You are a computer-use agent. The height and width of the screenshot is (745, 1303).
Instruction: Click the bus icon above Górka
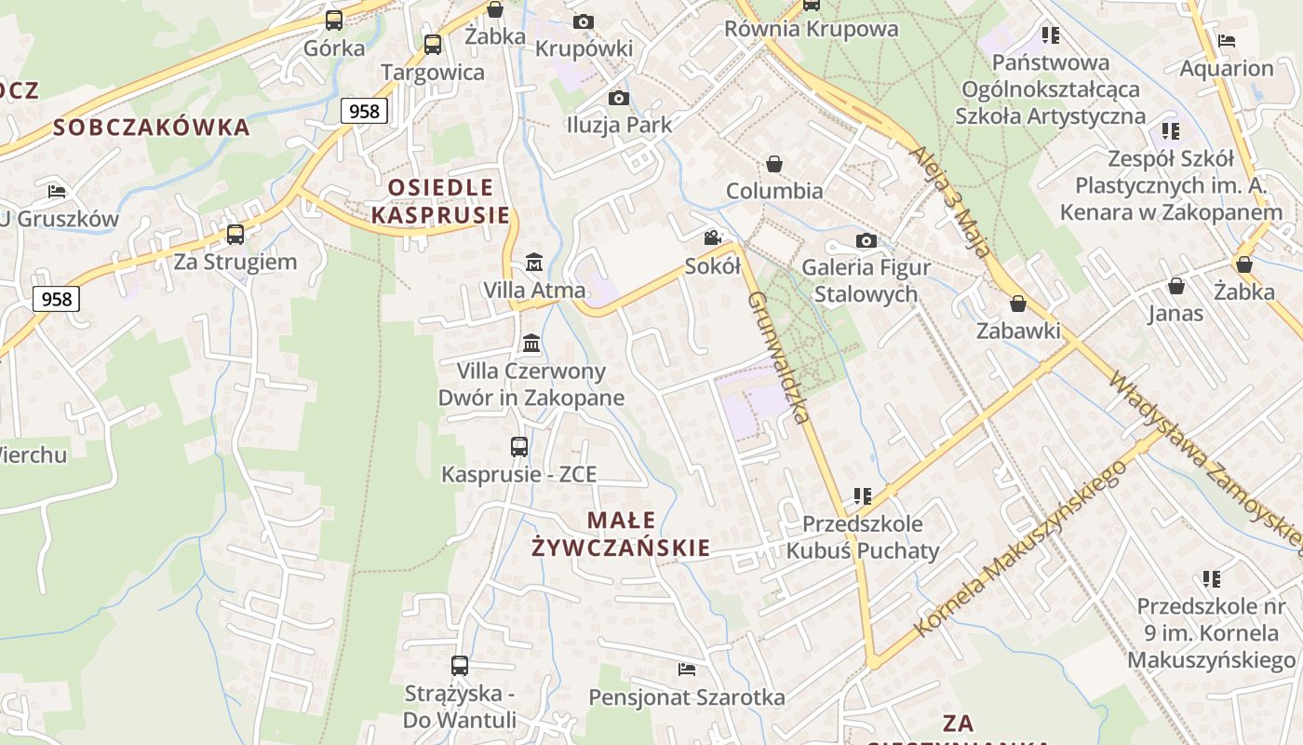click(334, 20)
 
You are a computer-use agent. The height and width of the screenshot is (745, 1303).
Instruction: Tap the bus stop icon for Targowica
click(433, 44)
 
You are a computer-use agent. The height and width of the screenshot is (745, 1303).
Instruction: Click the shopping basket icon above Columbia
click(774, 164)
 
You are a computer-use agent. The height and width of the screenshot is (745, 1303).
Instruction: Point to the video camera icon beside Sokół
click(713, 238)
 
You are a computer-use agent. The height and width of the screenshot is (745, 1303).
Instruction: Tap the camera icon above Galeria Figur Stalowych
click(866, 241)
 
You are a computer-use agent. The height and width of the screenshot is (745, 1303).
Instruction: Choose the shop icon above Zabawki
click(1018, 304)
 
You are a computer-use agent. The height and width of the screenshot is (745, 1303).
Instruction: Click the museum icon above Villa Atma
click(534, 263)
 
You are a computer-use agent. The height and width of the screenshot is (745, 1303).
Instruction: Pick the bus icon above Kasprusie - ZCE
click(519, 447)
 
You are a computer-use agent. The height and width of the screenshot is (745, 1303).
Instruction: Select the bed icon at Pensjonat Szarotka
click(687, 670)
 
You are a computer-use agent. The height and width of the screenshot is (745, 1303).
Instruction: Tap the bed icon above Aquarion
click(1227, 41)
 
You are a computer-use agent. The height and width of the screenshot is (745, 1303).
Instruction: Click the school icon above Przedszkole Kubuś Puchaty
click(863, 496)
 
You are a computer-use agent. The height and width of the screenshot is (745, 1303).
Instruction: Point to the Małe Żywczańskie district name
click(621, 534)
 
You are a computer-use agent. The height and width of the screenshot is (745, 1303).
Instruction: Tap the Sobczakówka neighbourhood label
click(152, 128)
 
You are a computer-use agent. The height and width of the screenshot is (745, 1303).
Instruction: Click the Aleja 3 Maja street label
click(949, 199)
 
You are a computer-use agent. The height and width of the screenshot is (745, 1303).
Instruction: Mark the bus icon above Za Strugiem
click(235, 235)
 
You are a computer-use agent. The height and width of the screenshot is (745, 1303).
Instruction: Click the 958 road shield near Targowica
click(364, 112)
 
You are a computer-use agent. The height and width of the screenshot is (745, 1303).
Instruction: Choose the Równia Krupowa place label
click(812, 29)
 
